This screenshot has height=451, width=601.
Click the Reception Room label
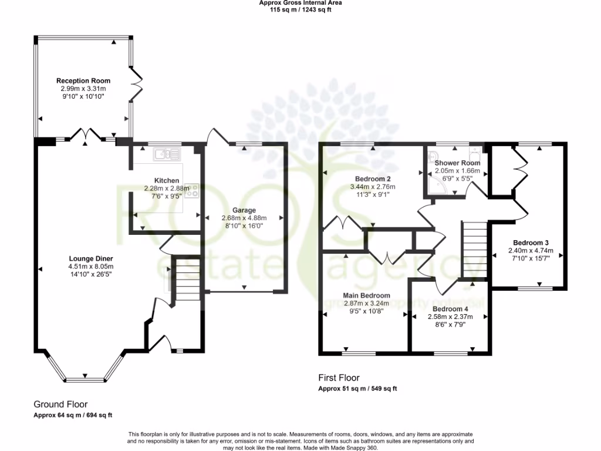83,80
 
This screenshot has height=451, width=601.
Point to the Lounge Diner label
90,258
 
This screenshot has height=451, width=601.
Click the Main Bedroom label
366,295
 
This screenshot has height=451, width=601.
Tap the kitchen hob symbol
193,190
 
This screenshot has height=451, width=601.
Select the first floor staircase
474,247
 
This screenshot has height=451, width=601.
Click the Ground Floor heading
60,404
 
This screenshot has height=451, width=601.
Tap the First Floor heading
339,378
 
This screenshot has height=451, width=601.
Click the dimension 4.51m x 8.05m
90,267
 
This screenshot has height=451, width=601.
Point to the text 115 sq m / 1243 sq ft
300,9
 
